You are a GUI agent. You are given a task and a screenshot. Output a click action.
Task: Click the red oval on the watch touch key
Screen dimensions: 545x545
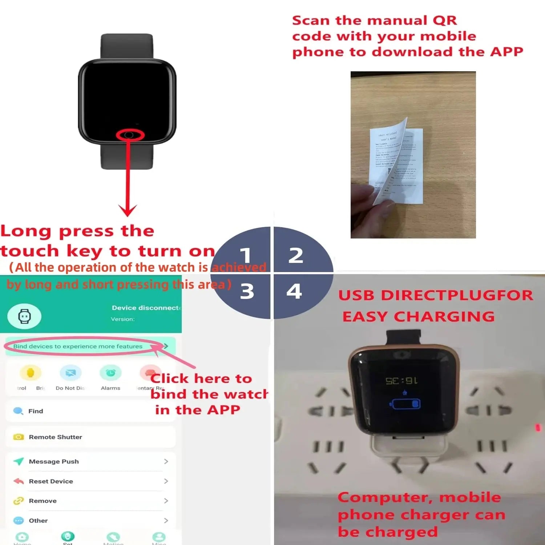click(x=130, y=135)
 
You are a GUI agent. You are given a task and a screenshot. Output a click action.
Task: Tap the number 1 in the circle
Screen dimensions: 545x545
click(x=246, y=255)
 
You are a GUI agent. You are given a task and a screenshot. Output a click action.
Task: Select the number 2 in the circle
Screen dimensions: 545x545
click(x=296, y=255)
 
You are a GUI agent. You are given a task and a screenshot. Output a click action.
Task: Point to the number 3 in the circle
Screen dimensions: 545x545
click(x=247, y=291)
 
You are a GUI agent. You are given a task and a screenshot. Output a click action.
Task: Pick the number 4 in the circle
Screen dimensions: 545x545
click(x=294, y=291)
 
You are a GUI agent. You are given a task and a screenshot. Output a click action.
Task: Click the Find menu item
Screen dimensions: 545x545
click(x=36, y=411)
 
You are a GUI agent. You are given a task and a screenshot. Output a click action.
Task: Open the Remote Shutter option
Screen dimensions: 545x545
click(x=55, y=437)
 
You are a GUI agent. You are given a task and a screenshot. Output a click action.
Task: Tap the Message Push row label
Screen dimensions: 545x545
click(x=54, y=461)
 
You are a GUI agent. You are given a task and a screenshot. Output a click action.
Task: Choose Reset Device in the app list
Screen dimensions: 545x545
click(x=51, y=481)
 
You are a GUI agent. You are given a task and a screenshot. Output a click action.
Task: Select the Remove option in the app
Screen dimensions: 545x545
click(x=43, y=501)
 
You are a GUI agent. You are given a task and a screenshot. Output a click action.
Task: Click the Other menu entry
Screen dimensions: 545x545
click(x=38, y=520)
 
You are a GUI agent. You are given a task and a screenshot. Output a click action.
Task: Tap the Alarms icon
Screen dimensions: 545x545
click(x=110, y=373)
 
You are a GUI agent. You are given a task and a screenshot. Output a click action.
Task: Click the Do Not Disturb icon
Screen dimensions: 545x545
click(x=70, y=373)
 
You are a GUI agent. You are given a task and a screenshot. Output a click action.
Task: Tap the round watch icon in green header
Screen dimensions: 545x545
click(x=24, y=316)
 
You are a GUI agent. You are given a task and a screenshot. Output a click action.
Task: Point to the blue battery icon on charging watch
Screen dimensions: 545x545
click(x=405, y=404)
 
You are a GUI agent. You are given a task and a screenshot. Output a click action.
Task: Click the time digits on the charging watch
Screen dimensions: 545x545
click(x=402, y=381)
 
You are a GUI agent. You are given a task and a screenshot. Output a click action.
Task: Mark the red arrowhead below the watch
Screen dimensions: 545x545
click(x=128, y=210)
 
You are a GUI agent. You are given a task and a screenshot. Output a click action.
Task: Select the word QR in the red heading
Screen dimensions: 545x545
click(x=444, y=21)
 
